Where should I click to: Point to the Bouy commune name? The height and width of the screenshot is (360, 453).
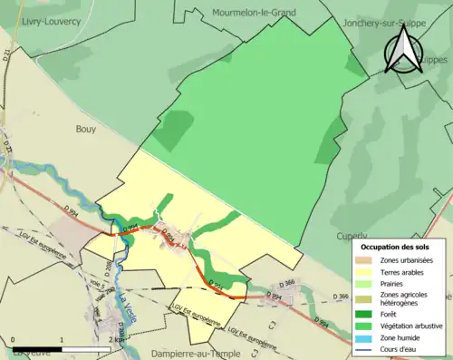87,130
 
